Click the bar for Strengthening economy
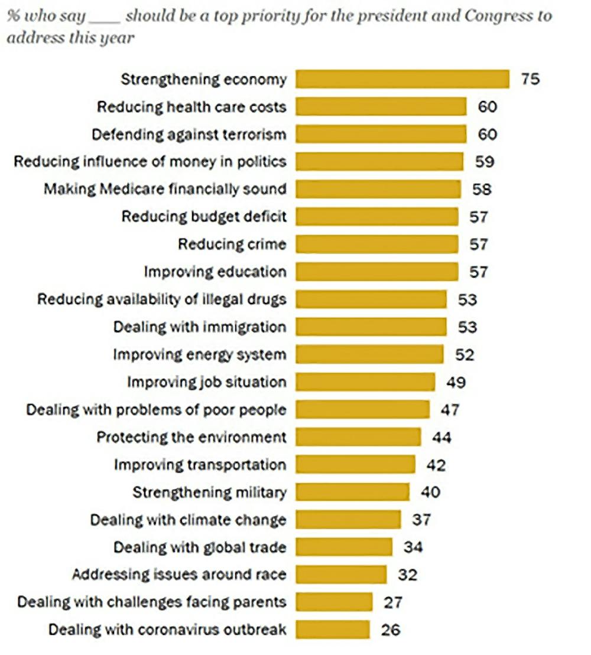tap(402, 79)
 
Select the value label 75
tap(530, 79)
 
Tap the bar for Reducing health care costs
tap(381, 107)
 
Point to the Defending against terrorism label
tap(189, 134)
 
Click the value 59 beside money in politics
tap(484, 162)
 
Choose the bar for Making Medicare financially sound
tap(378, 189)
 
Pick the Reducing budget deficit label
tap(204, 217)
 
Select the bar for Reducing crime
tap(376, 244)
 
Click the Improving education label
tap(215, 272)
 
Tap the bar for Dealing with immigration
tap(371, 327)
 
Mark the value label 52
tap(465, 354)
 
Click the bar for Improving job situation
tap(365, 382)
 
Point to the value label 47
tap(449, 409)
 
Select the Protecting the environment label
tap(191, 437)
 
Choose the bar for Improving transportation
tap(355, 464)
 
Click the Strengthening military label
tap(209, 492)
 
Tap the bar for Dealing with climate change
tap(348, 520)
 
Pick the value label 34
tap(413, 547)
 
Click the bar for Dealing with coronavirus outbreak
tap(333, 630)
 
